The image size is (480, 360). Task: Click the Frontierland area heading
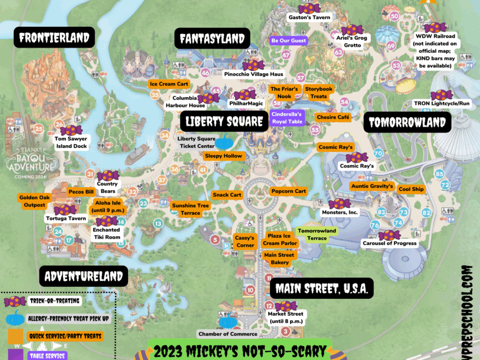[54, 38]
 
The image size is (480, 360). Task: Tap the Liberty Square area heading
[225, 121]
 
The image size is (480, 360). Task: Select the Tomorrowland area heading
[407, 122]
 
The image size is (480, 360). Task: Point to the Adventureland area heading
[83, 276]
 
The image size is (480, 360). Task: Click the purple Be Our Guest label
[289, 40]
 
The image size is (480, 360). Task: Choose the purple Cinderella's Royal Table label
[287, 118]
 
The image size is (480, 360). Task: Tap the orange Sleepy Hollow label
[224, 156]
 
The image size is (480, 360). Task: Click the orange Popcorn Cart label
[289, 191]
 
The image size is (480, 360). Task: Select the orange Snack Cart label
[227, 195]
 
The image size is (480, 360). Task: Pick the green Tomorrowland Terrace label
[317, 235]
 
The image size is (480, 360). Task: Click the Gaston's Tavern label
[309, 17]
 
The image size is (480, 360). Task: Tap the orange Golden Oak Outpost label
[34, 201]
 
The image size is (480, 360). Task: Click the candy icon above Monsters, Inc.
[339, 203]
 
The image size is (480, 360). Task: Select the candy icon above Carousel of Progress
[389, 235]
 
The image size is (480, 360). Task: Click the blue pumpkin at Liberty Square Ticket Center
[223, 142]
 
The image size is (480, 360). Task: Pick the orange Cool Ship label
[411, 189]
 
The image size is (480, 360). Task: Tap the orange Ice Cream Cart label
[169, 84]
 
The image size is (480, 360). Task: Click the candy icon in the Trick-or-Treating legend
[15, 301]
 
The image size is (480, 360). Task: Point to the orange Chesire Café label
[332, 117]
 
